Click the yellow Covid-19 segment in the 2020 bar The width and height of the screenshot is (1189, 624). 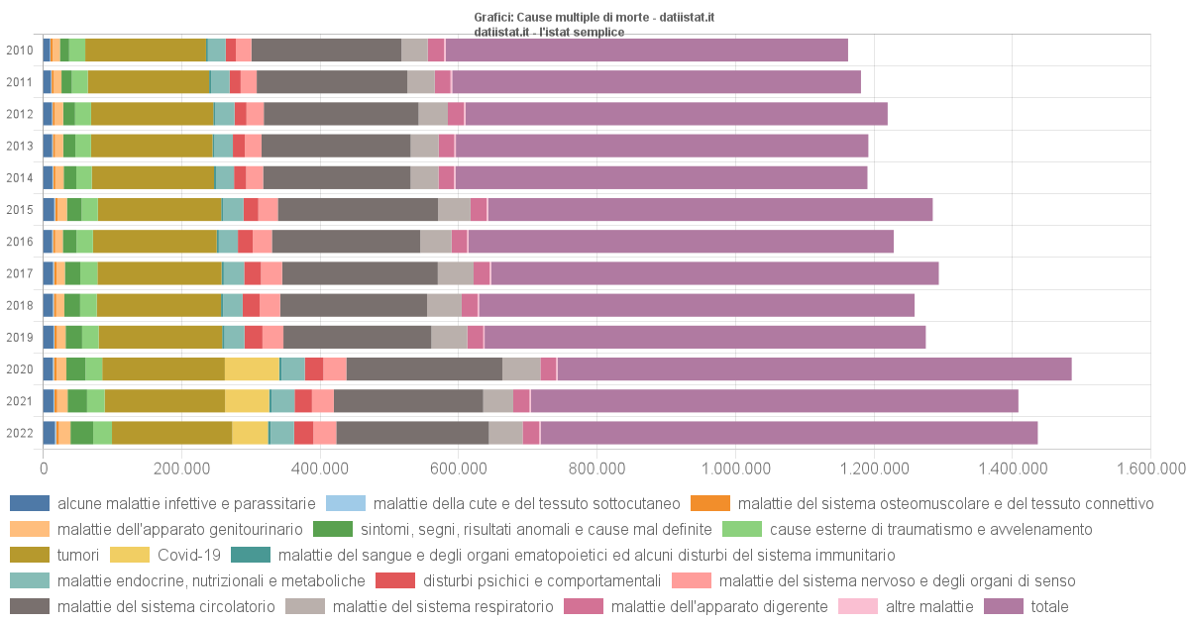point(252,368)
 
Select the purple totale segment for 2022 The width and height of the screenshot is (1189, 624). point(789,433)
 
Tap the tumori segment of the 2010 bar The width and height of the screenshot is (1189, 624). point(146,50)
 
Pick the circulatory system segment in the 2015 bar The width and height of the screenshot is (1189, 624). point(358,209)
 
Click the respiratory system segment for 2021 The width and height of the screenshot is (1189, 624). point(497,400)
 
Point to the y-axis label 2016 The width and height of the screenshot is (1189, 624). point(20,242)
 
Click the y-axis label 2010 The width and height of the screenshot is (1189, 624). point(20,51)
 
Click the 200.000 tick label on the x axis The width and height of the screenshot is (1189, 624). point(181,468)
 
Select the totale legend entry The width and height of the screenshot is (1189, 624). point(1049,606)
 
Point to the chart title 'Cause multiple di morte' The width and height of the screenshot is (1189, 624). point(594,18)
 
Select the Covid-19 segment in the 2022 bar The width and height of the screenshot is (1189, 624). point(250,433)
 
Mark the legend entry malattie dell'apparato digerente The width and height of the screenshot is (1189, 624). point(719,606)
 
